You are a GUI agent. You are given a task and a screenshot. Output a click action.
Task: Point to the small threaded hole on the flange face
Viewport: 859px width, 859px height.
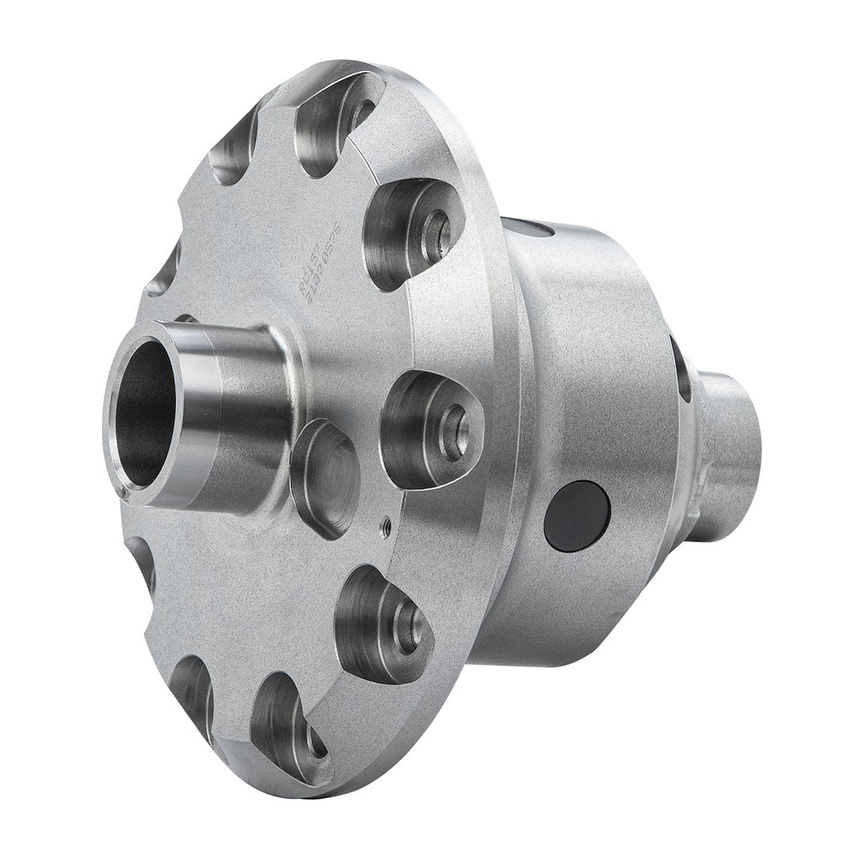pyautogui.click(x=386, y=523)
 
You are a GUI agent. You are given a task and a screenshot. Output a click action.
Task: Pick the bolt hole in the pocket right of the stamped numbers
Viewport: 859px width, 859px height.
pyautogui.click(x=436, y=231)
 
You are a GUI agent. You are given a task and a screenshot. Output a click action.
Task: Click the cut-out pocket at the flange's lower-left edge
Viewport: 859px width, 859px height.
pyautogui.click(x=191, y=692)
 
